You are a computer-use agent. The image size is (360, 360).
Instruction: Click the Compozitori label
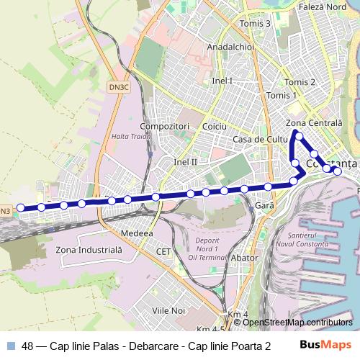[165, 126]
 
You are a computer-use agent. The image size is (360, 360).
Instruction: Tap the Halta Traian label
[130, 136]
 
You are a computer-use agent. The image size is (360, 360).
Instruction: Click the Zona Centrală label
[314, 124]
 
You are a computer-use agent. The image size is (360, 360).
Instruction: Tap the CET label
[164, 251]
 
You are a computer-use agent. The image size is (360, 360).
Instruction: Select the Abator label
[245, 258]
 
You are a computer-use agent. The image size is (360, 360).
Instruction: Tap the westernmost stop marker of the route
[21, 207]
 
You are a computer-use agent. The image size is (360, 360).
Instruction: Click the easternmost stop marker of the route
[337, 171]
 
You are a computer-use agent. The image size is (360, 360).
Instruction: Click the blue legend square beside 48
[11, 345]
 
